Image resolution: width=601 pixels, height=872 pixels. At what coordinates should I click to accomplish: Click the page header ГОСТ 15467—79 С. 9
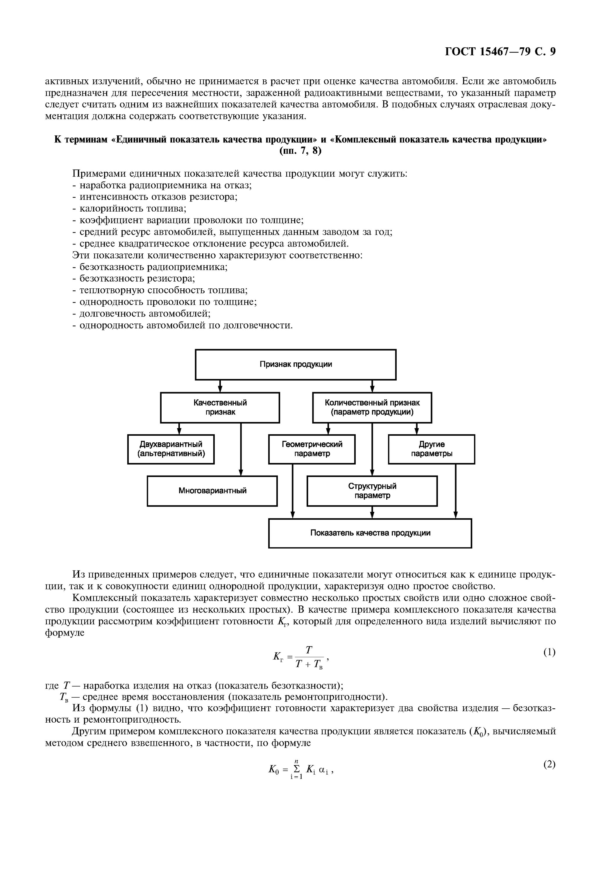pos(500,51)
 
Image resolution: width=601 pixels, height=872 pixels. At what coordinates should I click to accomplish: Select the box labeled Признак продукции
pos(296,364)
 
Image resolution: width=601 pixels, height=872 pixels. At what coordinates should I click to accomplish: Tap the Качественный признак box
pos(220,408)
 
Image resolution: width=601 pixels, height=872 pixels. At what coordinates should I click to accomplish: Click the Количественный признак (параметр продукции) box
pos(372,408)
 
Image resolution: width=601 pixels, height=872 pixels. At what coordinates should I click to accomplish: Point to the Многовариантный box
pos(212,491)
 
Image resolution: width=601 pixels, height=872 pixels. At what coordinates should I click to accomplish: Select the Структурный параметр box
pos(372,491)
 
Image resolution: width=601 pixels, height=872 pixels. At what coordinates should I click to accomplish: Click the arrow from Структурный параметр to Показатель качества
pos(372,512)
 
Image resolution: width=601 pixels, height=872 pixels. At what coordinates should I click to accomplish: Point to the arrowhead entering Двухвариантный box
pos(179,431)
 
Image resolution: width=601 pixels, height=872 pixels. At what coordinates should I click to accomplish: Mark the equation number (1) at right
pos(549,652)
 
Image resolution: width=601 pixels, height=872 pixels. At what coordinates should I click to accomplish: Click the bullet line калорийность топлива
pos(130,209)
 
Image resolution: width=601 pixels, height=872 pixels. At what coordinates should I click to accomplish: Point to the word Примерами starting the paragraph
pos(99,174)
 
